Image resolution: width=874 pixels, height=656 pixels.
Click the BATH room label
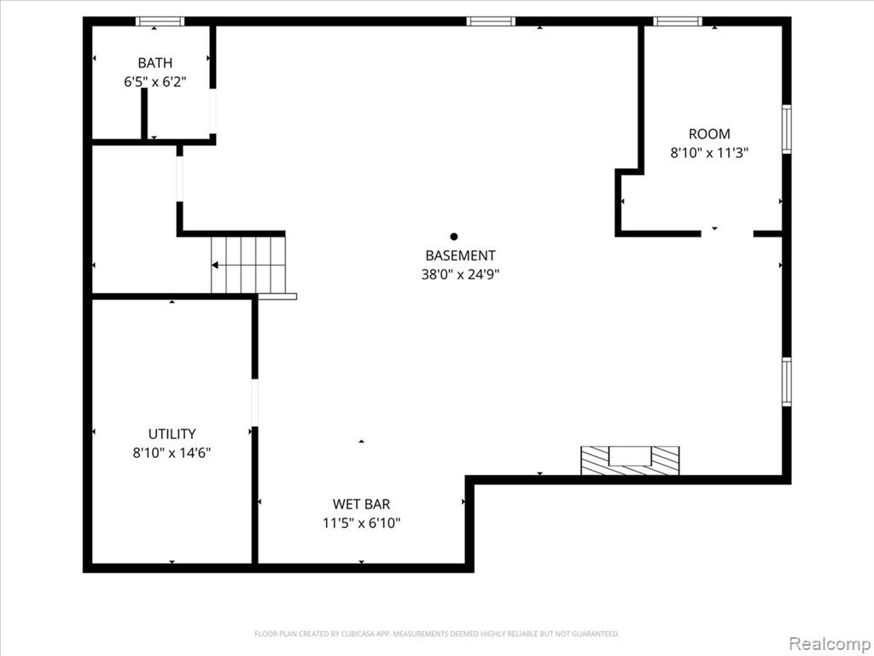click(x=155, y=63)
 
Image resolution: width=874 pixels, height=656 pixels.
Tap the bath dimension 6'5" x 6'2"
click(x=155, y=82)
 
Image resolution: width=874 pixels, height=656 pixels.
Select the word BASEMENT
click(x=460, y=255)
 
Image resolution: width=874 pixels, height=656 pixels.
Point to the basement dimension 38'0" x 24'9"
click(x=460, y=274)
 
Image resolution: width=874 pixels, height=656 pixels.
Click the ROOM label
click(x=709, y=134)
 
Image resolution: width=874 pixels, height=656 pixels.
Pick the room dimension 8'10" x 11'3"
click(x=709, y=153)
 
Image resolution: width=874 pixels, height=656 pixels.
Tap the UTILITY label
click(x=172, y=434)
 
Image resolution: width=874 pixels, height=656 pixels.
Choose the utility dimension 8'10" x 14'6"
click(x=172, y=453)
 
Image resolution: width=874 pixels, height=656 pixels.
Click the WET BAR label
click(x=361, y=504)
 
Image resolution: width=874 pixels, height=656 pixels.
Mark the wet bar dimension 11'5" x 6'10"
click(x=361, y=524)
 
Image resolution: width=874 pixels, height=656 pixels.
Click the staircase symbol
click(x=248, y=265)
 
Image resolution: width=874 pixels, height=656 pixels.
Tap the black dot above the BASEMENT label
click(x=454, y=237)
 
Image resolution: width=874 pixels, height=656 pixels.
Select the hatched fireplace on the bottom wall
click(x=630, y=460)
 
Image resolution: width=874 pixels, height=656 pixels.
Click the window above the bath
click(x=160, y=21)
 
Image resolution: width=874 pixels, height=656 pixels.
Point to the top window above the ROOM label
click(x=677, y=21)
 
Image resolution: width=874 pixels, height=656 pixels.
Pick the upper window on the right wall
click(x=786, y=129)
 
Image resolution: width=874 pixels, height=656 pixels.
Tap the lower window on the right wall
click(x=786, y=382)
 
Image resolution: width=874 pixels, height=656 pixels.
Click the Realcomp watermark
click(x=830, y=644)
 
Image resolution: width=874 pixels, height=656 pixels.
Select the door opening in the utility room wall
click(x=254, y=403)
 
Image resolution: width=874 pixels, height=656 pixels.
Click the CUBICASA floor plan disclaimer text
click(x=436, y=634)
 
